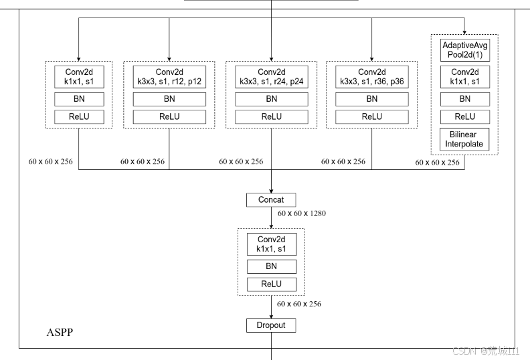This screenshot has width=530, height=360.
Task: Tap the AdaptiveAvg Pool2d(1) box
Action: coord(464,50)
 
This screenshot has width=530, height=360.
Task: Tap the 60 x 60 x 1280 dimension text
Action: coord(301,213)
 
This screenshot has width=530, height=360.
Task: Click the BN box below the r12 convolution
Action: coord(169,99)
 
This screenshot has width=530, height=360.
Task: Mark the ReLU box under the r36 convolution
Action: coord(371,116)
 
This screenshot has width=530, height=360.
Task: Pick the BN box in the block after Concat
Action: coord(271,266)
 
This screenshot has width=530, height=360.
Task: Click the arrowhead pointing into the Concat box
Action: coord(271,190)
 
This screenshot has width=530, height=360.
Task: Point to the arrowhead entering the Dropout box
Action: coord(271,316)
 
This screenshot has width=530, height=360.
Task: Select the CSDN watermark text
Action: coord(486,351)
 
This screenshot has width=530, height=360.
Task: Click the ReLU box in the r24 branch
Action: coord(271,116)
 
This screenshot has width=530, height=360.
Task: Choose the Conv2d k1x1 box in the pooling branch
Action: coord(464,76)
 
